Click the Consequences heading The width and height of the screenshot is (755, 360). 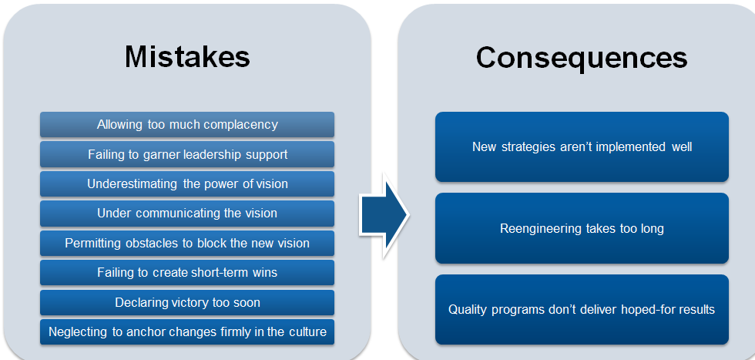click(x=582, y=56)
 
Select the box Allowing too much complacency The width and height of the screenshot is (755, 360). click(x=187, y=124)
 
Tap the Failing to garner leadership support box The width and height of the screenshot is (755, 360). click(x=187, y=154)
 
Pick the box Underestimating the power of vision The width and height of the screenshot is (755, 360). click(x=187, y=184)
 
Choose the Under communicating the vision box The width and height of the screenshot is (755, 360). click(x=187, y=214)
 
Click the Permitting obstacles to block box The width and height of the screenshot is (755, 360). click(x=187, y=244)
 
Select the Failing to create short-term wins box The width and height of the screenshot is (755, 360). click(x=187, y=273)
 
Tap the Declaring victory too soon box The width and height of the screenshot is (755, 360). click(x=187, y=302)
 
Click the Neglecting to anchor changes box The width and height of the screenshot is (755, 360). click(x=187, y=332)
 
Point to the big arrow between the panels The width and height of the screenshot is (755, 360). click(x=384, y=217)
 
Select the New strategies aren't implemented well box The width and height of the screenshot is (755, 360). click(x=582, y=146)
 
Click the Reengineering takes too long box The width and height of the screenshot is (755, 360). click(x=582, y=228)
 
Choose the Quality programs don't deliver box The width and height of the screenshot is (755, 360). click(x=582, y=310)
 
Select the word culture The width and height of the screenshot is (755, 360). click(x=306, y=332)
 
